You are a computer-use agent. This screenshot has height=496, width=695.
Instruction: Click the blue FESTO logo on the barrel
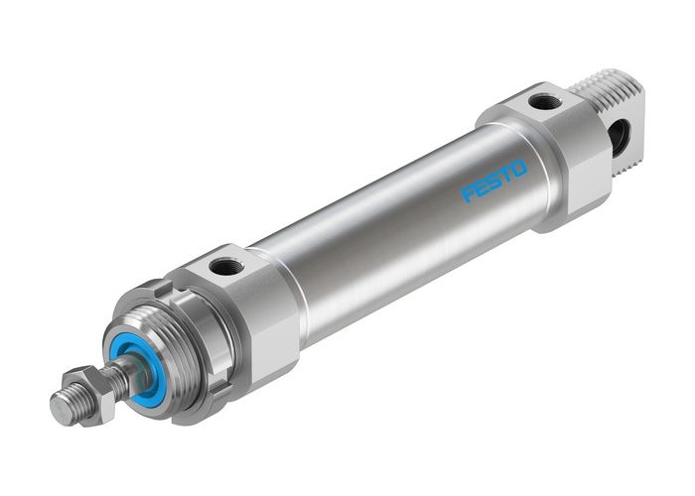pos(493,182)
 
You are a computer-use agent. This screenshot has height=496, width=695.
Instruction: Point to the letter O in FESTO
pos(519,170)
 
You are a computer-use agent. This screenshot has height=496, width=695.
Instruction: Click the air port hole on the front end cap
pos(225,267)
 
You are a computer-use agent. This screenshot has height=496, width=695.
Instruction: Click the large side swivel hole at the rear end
pos(617,138)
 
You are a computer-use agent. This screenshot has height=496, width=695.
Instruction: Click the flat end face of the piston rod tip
pos(58,411)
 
